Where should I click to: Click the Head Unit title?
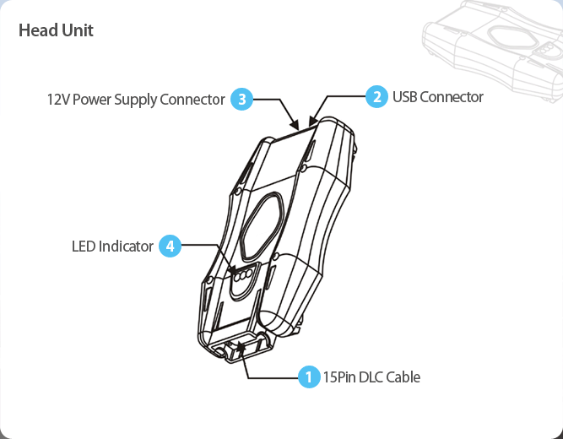(x=56, y=30)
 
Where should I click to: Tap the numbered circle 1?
(x=310, y=377)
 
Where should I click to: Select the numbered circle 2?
(x=376, y=96)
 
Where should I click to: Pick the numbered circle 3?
(x=241, y=100)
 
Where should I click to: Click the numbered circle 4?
(x=171, y=247)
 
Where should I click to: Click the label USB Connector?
(x=437, y=97)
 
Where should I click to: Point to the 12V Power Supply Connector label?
(x=136, y=100)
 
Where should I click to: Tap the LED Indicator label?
(x=112, y=247)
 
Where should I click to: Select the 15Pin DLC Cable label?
(x=371, y=377)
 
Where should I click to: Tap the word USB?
(x=404, y=97)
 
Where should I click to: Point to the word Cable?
(x=402, y=377)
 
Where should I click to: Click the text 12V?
(x=57, y=100)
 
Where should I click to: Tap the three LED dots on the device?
(x=245, y=275)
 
